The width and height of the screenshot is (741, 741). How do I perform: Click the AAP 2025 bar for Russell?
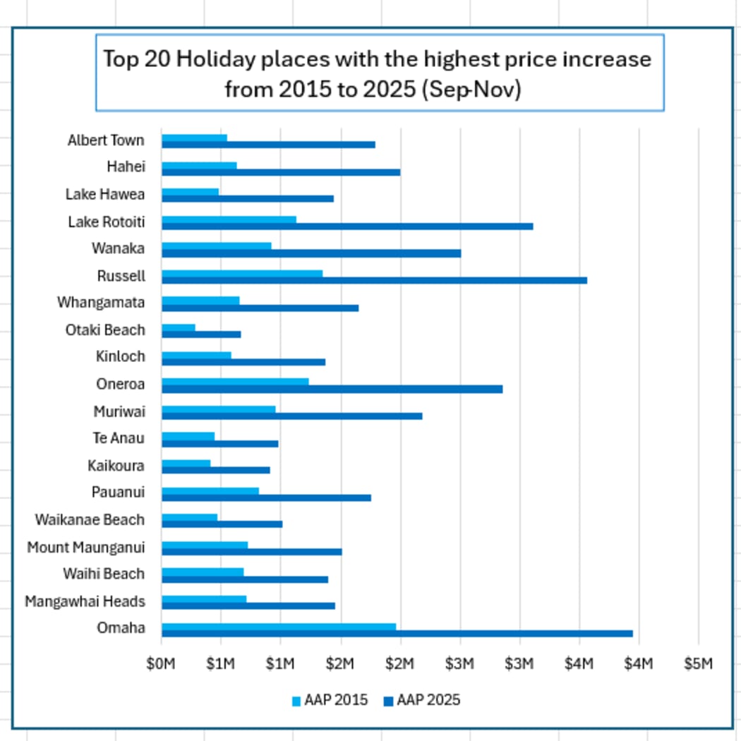coord(374,281)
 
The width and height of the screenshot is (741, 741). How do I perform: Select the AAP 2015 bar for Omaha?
coord(279,626)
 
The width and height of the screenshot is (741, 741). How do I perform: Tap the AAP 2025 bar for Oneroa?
coord(332,389)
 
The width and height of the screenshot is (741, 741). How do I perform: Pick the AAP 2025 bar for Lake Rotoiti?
coord(347,227)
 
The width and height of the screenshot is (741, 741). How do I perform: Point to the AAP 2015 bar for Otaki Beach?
coord(179,327)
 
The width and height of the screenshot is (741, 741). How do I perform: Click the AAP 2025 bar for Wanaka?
coord(311,253)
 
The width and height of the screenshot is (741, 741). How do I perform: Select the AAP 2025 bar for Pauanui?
coord(266,498)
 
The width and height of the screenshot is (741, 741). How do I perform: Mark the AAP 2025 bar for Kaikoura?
coord(216,470)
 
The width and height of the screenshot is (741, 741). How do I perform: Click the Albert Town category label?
coord(106,140)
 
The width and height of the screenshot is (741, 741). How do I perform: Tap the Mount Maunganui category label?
coord(86,547)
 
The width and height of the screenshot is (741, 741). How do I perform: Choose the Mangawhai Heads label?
coord(85,601)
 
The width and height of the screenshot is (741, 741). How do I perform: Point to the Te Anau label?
coord(119,438)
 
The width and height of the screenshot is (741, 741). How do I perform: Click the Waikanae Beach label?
coord(90,520)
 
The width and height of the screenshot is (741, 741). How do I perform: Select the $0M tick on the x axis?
coord(161,664)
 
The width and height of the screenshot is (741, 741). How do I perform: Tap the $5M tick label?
coord(698,664)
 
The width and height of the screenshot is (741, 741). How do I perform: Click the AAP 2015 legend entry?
coord(330,700)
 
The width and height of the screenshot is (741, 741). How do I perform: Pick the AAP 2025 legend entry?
coord(421,700)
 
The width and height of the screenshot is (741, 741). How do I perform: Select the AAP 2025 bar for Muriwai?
coord(291,416)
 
